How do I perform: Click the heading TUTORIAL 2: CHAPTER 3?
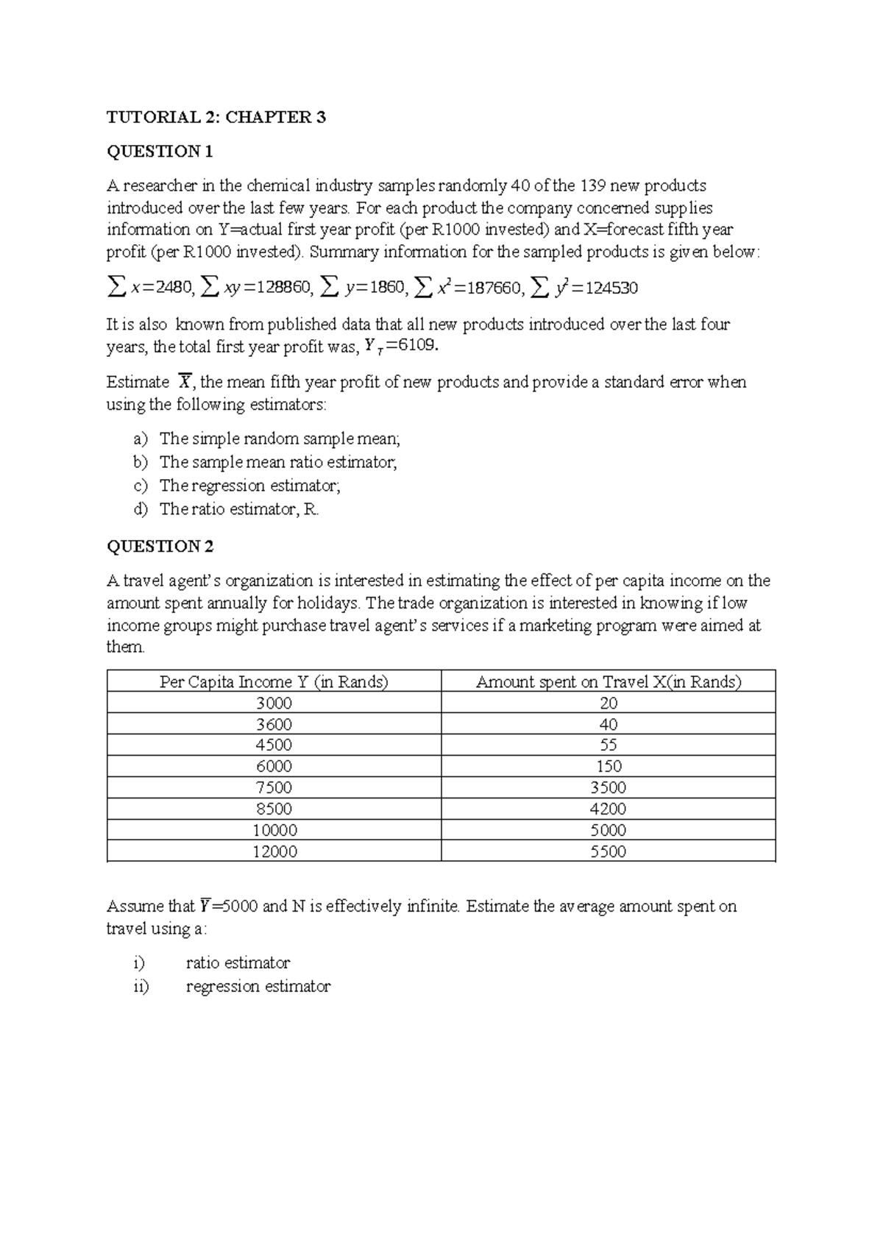[216, 117]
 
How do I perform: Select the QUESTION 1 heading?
[160, 152]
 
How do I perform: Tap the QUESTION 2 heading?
[160, 546]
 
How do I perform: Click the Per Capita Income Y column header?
[274, 681]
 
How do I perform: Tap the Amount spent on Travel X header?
[609, 681]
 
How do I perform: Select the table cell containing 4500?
[274, 745]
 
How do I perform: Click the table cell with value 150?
[609, 766]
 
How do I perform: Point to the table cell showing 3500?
[609, 787]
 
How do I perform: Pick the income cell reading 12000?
[274, 851]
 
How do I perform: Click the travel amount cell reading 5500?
[609, 851]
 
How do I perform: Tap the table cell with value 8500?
[274, 809]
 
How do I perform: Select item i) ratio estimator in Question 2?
[237, 962]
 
